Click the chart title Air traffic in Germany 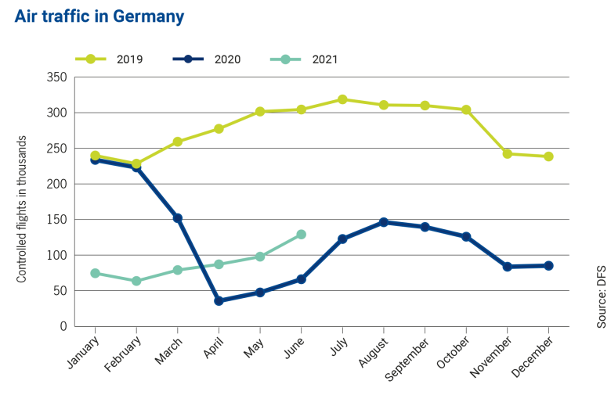(99, 16)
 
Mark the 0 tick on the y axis (63, 327)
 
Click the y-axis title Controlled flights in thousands (22, 209)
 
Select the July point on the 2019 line (342, 99)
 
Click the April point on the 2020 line (219, 300)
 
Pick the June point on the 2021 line (302, 234)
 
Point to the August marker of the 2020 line (384, 222)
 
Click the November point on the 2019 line (508, 154)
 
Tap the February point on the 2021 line (136, 281)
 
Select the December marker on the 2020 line (548, 266)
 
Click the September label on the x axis (411, 355)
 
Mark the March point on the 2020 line (178, 218)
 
